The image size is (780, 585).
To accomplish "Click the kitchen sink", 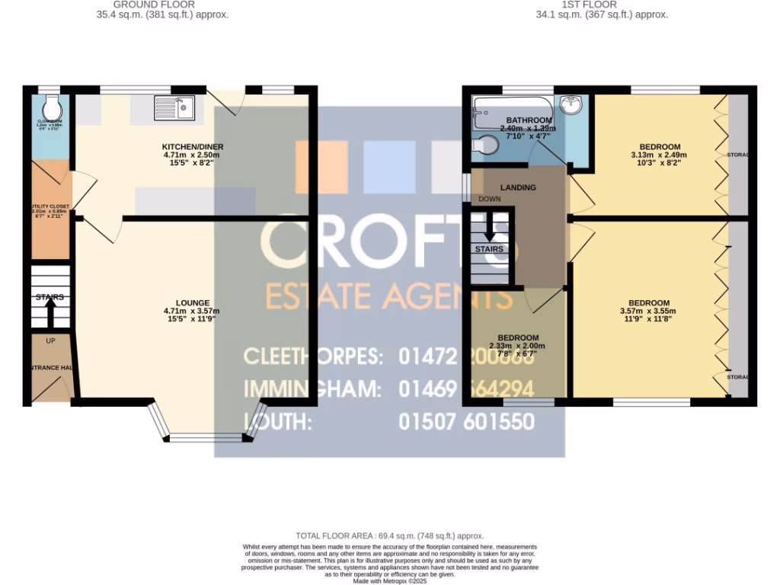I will click(175, 109).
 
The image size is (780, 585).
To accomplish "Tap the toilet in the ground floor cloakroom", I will click(50, 105).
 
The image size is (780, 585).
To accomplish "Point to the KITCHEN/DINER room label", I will click(193, 147).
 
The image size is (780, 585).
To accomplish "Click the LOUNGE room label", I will click(192, 302).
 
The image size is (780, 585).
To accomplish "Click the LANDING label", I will click(518, 187).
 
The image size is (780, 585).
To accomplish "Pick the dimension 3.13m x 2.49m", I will click(650, 155).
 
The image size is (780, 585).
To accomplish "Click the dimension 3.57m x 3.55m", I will click(649, 311).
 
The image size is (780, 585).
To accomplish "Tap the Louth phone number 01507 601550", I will click(466, 422).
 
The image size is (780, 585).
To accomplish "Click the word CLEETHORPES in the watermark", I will click(313, 356).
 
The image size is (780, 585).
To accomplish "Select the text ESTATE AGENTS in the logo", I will click(388, 295).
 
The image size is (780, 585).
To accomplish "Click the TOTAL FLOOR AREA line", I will click(389, 536).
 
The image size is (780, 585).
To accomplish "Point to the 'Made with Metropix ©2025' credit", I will click(389, 581).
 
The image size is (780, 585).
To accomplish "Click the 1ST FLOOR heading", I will click(601, 5).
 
